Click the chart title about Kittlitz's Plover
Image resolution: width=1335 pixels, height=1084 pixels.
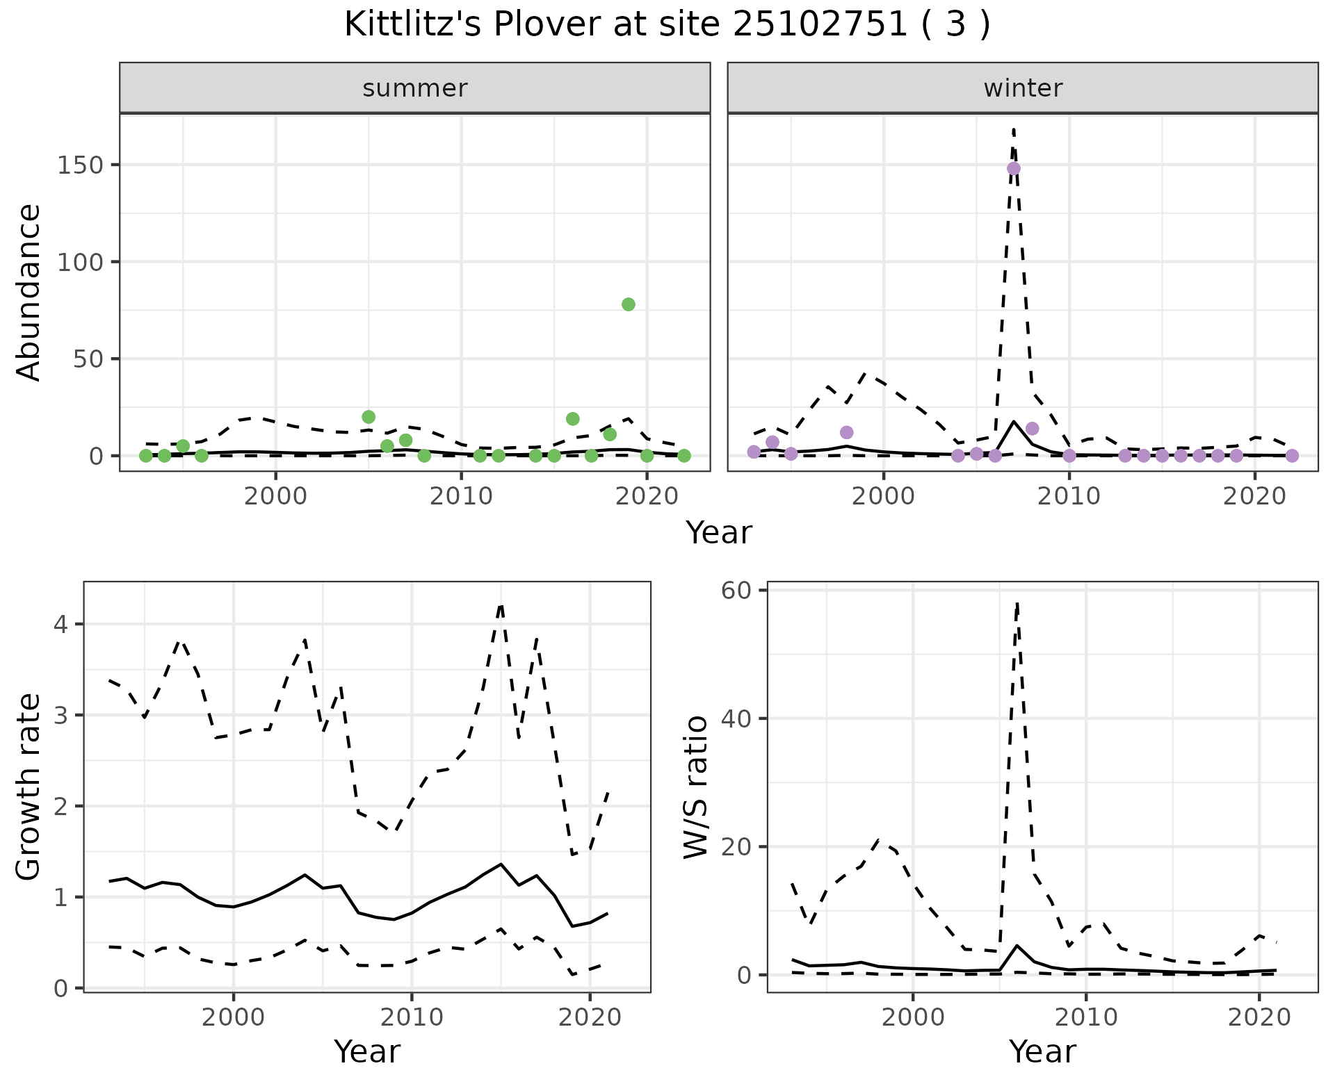[x=667, y=25]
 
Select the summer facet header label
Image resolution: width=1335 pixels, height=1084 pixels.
[x=415, y=88]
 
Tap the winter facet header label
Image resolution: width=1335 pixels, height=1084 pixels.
[x=1023, y=88]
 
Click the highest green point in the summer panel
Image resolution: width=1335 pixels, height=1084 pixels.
[x=629, y=304]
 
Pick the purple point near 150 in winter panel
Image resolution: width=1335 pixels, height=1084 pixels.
[x=1014, y=168]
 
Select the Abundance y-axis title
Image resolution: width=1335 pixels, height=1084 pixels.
[x=29, y=292]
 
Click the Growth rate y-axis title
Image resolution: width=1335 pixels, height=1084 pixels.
[x=29, y=787]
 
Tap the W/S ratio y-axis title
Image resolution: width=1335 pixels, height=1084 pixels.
[x=696, y=787]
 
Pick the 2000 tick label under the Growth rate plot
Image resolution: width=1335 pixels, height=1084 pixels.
[x=234, y=1018]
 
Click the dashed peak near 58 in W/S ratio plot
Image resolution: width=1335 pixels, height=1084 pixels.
[x=1017, y=605]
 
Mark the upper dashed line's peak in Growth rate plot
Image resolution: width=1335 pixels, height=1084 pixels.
[x=501, y=606]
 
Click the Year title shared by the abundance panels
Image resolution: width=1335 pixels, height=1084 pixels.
[x=719, y=533]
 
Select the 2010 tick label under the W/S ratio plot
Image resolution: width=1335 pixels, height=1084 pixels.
[x=1086, y=1018]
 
